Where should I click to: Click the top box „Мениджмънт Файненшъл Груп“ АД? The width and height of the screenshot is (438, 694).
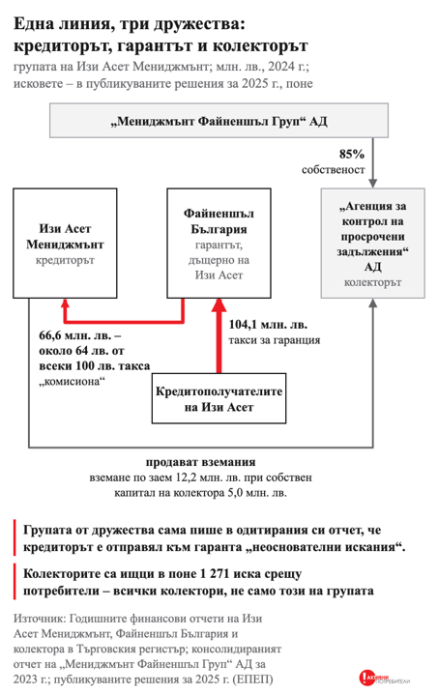tap(219, 121)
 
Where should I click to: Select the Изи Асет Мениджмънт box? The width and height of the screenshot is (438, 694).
tap(65, 243)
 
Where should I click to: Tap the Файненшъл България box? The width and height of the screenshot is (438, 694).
tap(219, 243)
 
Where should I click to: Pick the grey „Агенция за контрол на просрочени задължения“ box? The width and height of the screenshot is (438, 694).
tap(373, 243)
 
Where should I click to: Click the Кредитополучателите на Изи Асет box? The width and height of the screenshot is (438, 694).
tap(219, 398)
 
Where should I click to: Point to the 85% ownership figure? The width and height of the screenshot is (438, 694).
tap(352, 154)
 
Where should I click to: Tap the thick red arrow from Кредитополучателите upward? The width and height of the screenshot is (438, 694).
tap(219, 335)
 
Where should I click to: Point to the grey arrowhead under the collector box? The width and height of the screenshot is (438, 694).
tap(373, 304)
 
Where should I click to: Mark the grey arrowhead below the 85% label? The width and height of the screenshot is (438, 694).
tap(373, 184)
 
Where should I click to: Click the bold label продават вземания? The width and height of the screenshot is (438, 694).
tap(200, 462)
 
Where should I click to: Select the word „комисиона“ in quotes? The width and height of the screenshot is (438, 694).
tap(73, 381)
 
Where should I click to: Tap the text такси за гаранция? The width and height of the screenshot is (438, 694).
tap(275, 340)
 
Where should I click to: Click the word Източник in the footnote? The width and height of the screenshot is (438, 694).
tap(40, 619)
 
